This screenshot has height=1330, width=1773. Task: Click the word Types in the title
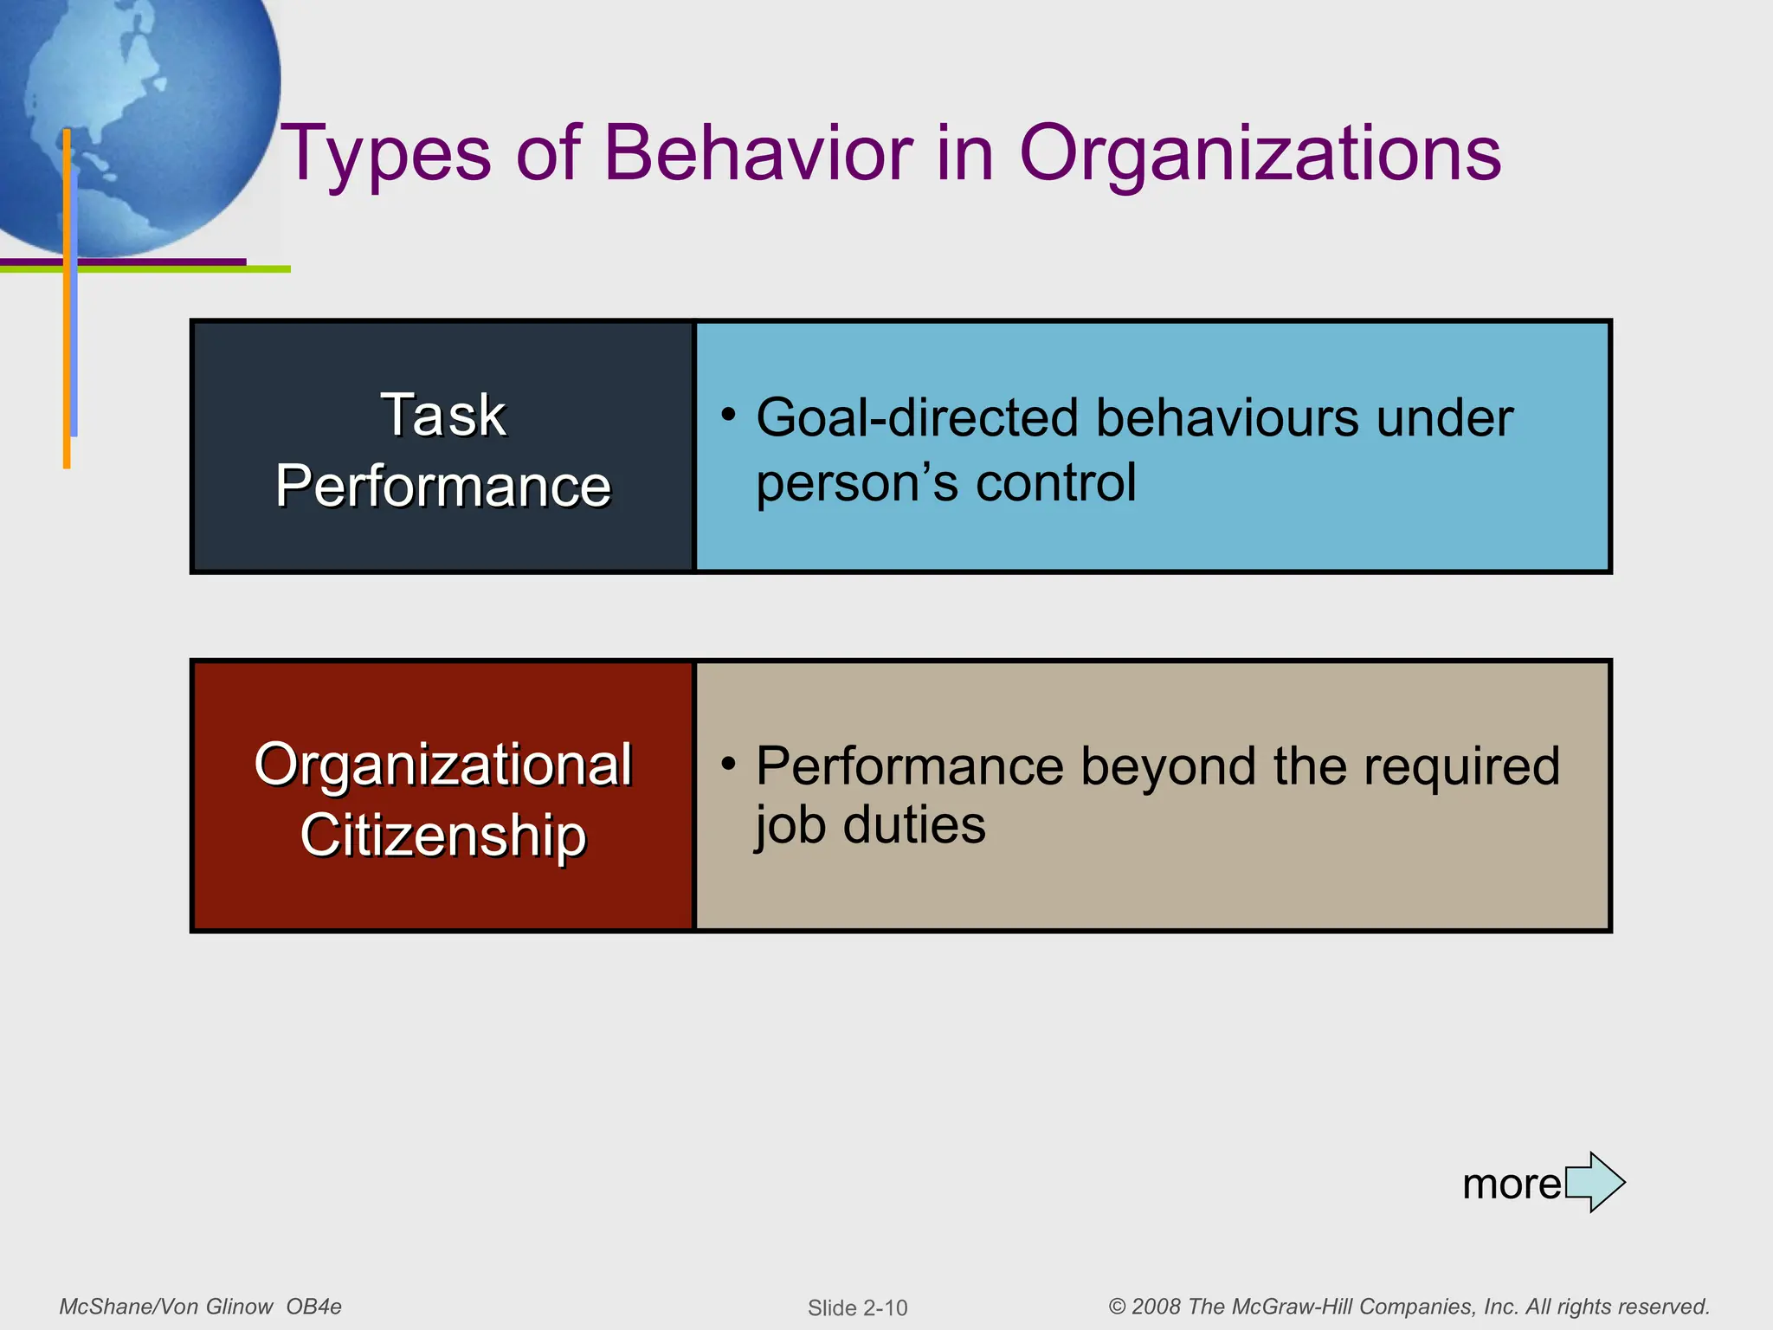tap(386, 154)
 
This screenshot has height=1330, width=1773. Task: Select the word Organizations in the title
tap(1260, 154)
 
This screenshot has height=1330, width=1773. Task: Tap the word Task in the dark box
tap(443, 415)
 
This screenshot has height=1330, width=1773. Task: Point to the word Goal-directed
tap(918, 418)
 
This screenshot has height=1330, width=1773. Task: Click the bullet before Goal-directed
tap(729, 415)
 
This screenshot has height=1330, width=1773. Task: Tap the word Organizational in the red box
tap(443, 765)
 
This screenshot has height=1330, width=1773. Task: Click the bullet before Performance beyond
tap(729, 764)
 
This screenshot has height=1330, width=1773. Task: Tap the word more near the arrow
tap(1512, 1184)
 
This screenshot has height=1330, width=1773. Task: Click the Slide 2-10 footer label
tap(857, 1307)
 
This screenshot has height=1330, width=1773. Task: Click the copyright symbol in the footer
tap(1117, 1307)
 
